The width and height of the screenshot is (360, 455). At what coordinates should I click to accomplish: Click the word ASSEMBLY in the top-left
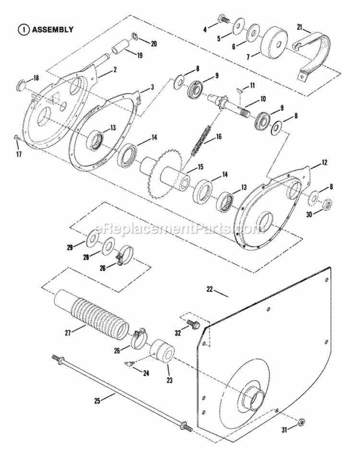tap(52, 29)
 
